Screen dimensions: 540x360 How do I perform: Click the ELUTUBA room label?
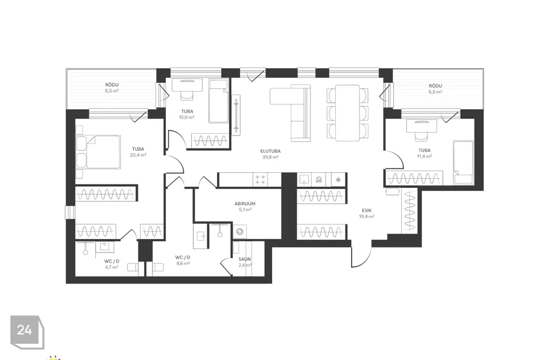[x=271, y=151]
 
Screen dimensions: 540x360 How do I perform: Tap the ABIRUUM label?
[x=245, y=204]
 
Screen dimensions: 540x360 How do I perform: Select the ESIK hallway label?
[x=367, y=210]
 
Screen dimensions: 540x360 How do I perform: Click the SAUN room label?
[x=245, y=259]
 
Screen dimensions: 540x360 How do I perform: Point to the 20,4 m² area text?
[x=138, y=155]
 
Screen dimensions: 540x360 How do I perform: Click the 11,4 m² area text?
[x=424, y=156]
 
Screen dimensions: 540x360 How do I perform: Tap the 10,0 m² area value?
[x=186, y=117]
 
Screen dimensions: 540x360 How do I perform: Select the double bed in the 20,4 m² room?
[x=98, y=152]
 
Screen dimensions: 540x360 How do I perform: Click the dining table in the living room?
[x=348, y=113]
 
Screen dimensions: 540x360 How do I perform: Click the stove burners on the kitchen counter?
[x=260, y=179]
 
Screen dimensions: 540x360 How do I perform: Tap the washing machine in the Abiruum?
[x=240, y=231]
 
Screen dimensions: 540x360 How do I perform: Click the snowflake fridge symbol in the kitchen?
[x=339, y=179]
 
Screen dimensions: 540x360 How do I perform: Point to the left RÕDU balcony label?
[x=112, y=85]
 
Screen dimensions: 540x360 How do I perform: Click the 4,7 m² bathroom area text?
[x=111, y=267]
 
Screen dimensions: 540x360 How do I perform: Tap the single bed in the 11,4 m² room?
[x=463, y=162]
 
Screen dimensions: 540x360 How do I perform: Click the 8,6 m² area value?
[x=183, y=263]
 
